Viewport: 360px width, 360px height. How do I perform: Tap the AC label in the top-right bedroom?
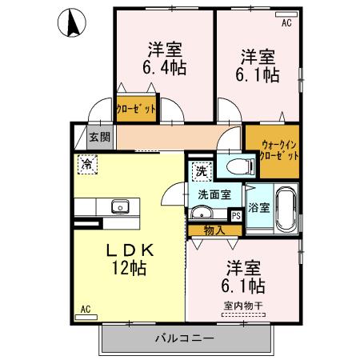(286, 23)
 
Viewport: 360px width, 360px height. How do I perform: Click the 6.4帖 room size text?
(166, 68)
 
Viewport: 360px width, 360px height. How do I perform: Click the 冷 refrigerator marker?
(86, 164)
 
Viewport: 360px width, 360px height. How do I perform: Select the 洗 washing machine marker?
(201, 170)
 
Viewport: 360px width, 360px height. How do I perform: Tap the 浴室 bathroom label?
(258, 206)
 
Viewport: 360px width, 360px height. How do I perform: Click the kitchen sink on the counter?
(121, 207)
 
